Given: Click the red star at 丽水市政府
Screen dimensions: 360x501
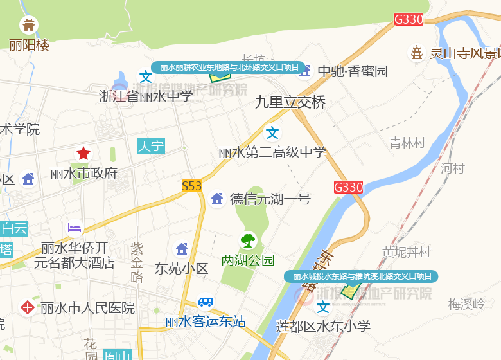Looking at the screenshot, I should (x=83, y=153).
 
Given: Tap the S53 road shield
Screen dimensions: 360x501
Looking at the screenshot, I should (x=191, y=186).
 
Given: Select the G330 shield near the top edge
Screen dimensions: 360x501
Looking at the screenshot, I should (x=409, y=19).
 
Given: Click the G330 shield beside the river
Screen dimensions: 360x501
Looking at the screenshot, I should (x=349, y=187).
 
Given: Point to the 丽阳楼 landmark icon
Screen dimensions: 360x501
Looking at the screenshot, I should (x=29, y=26).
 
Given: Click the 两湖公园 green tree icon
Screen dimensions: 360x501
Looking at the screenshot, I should (x=248, y=240).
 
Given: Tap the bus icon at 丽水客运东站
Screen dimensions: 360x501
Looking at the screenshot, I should (x=206, y=302).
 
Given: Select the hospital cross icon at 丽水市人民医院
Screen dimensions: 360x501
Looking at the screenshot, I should (x=28, y=307).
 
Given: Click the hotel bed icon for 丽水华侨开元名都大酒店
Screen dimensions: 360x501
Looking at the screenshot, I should (x=76, y=228).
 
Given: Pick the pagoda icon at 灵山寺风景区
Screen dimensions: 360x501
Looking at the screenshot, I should (x=418, y=53).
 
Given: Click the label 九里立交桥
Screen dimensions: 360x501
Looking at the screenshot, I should (x=290, y=102).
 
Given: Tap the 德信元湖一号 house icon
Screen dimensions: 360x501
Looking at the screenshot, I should (x=217, y=199).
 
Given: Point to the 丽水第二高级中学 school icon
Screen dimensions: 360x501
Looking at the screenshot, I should (x=273, y=133).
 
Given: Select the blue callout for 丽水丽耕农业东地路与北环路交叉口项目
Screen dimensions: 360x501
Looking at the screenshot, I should (x=229, y=67).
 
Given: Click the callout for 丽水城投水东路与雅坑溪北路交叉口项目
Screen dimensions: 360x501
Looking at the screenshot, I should (x=362, y=276).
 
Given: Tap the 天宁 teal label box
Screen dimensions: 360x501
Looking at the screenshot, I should (x=151, y=146).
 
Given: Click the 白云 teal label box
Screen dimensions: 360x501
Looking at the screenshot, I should (x=14, y=228).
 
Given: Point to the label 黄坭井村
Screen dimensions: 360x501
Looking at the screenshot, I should (x=407, y=251).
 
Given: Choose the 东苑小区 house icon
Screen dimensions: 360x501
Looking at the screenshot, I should (x=182, y=249).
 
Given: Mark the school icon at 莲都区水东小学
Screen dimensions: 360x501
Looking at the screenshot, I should (x=323, y=308).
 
